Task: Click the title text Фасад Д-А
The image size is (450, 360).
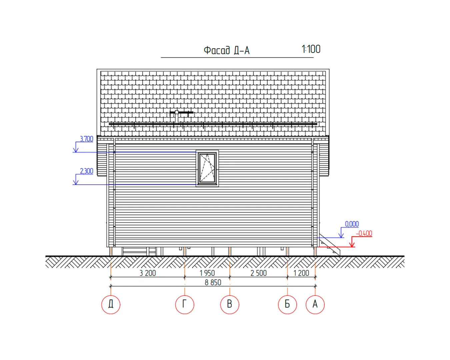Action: (x=227, y=50)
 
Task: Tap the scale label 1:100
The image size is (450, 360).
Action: (x=311, y=49)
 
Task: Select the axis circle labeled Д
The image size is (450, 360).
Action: (x=111, y=304)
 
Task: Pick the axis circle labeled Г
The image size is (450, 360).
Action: (x=185, y=304)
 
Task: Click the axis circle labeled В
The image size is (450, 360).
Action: (x=230, y=304)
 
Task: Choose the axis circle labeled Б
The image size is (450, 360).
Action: (x=287, y=304)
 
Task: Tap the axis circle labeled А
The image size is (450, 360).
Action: (x=315, y=304)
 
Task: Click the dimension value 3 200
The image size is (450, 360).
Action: (x=148, y=273)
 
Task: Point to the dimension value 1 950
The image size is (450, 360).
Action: (x=207, y=273)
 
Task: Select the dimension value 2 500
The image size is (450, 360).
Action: (x=258, y=273)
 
